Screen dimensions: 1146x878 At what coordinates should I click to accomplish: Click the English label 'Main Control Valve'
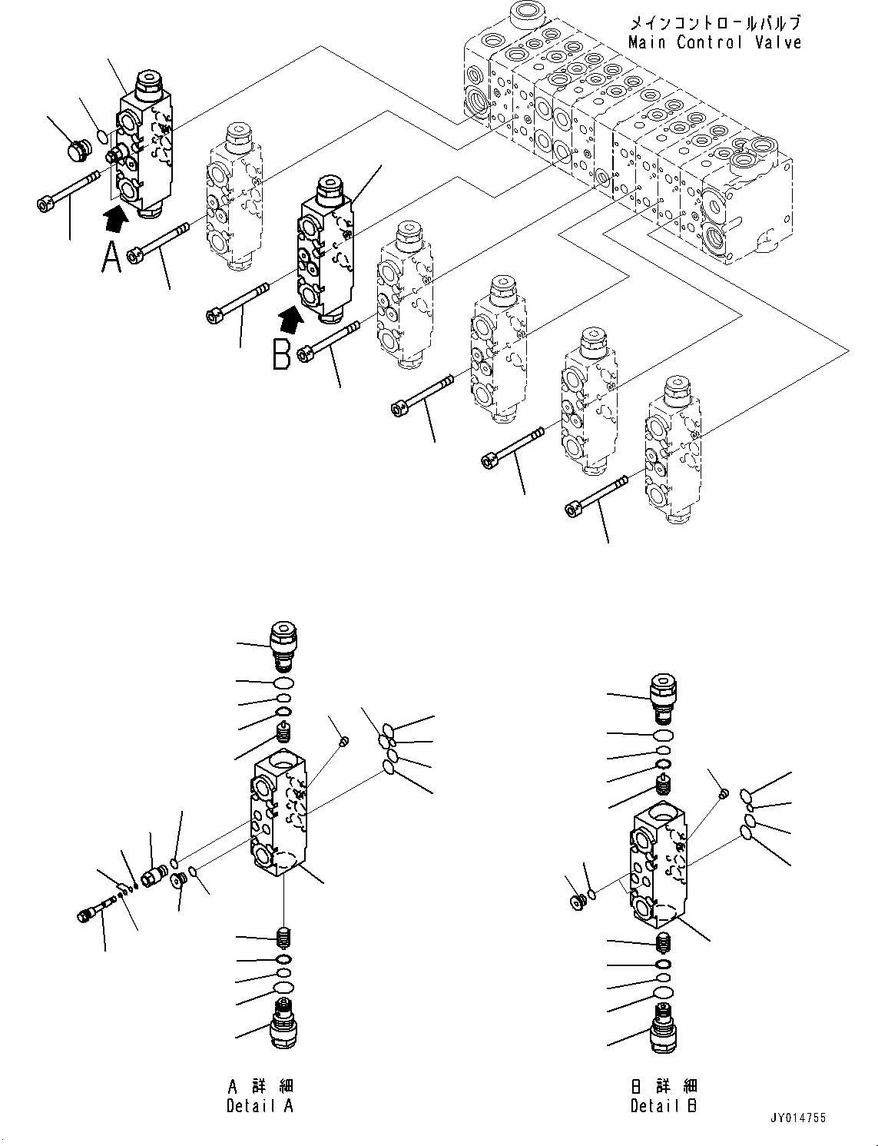(714, 43)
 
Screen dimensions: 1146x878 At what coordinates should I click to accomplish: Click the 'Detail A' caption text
(260, 1105)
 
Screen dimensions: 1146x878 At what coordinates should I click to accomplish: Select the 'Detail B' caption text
(664, 1105)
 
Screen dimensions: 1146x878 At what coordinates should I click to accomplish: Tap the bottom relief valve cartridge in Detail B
(662, 1028)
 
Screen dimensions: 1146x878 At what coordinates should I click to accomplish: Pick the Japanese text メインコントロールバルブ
(714, 23)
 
